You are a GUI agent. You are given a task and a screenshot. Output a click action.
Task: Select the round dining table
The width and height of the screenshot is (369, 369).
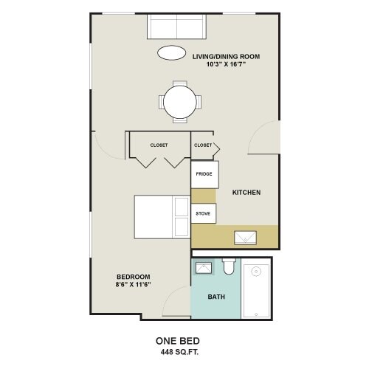[x=181, y=100]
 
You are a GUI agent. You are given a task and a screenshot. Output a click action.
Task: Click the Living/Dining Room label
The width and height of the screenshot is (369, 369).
[x=226, y=56]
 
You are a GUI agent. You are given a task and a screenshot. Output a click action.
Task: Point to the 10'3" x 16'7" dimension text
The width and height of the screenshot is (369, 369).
[x=226, y=65]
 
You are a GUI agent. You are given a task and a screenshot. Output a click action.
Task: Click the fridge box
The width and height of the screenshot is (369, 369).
[x=204, y=174]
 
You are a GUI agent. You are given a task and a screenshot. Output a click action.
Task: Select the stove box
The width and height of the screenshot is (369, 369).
[x=204, y=214]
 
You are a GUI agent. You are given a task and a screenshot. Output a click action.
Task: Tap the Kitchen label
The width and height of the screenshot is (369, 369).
[x=246, y=193]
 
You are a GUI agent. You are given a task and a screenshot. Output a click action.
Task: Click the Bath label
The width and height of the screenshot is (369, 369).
[x=215, y=298]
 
